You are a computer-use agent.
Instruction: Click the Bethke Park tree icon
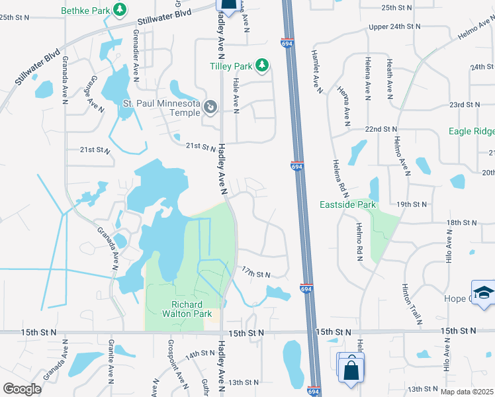tap(120, 9)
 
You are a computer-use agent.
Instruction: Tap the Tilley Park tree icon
tap(262, 65)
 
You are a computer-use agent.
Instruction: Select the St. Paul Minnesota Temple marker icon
tap(210, 107)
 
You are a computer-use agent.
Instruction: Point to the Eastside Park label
tap(347, 204)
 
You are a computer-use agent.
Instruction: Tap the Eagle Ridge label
tap(471, 131)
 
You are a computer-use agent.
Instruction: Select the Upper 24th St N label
tap(394, 26)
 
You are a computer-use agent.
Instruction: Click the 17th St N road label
tap(256, 274)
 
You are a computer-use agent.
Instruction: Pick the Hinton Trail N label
tap(411, 304)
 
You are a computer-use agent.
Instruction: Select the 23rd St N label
tap(464, 105)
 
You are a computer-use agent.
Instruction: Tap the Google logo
tap(22, 389)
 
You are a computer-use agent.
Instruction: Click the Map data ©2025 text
tap(466, 392)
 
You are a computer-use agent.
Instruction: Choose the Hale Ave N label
tap(236, 92)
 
